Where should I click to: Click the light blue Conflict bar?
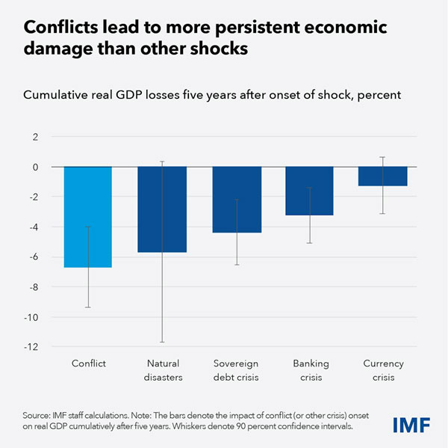click(x=88, y=217)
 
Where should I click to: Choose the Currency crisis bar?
click(x=383, y=176)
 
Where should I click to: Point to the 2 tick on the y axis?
click(x=34, y=137)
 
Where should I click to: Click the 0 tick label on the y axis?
click(x=34, y=167)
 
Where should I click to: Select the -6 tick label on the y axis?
click(x=31, y=257)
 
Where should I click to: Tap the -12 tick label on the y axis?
click(x=29, y=347)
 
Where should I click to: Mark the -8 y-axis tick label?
click(x=31, y=287)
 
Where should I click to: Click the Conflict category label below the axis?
click(x=88, y=363)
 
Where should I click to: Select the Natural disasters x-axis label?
click(x=162, y=370)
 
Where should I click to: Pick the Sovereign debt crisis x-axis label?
click(x=236, y=370)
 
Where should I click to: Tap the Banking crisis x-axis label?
click(x=309, y=370)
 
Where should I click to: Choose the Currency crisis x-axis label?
click(x=383, y=370)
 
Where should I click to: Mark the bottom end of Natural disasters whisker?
click(x=162, y=342)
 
